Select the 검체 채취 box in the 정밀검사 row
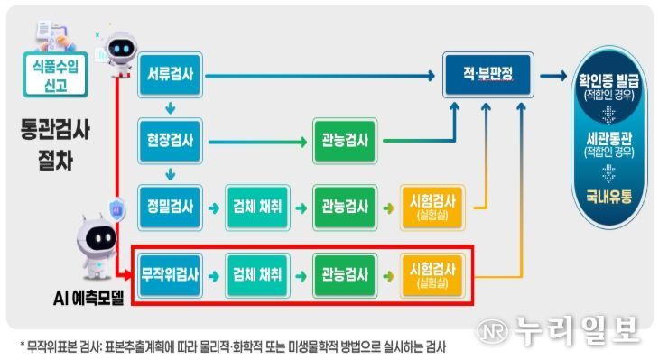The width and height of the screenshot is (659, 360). point(256,207)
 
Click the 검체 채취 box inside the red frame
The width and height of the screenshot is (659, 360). point(256,272)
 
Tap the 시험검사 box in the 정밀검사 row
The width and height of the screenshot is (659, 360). point(432,207)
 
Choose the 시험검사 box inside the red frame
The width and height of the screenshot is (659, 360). point(432,272)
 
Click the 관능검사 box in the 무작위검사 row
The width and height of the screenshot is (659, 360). point(344,272)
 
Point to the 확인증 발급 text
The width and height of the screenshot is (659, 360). point(609,78)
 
